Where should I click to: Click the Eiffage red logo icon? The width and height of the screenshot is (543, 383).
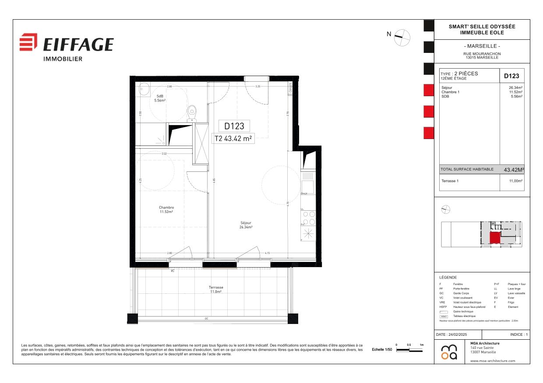pos(28,42)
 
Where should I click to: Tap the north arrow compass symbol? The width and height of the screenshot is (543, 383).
pos(402,38)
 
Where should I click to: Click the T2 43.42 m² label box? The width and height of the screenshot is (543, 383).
pos(233,139)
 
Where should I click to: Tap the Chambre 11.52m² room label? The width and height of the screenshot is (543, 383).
pos(166,210)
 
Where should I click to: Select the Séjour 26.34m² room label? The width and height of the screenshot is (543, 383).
pos(246,225)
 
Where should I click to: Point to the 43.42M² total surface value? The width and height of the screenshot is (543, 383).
pos(514,170)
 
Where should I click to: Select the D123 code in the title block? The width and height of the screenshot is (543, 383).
pos(511,76)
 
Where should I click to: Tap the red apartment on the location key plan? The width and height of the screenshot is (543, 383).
pos(494,237)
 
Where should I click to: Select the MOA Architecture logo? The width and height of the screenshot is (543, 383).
pos(449,352)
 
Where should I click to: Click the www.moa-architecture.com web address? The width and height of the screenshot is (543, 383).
pos(493,361)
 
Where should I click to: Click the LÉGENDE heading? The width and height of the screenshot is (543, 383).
pos(448,278)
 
